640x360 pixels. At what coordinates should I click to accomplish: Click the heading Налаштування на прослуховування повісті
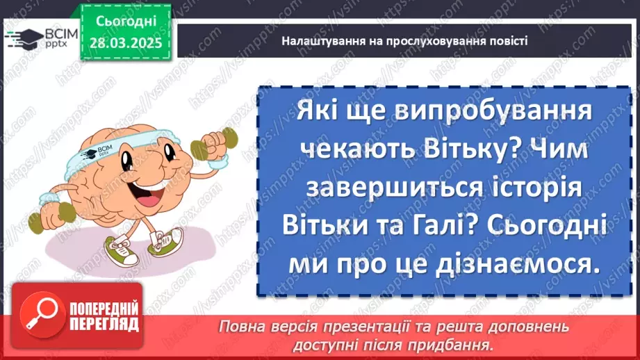tap(405, 41)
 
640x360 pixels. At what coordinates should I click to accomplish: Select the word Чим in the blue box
tap(558, 150)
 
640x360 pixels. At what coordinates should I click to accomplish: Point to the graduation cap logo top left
tap(21, 38)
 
